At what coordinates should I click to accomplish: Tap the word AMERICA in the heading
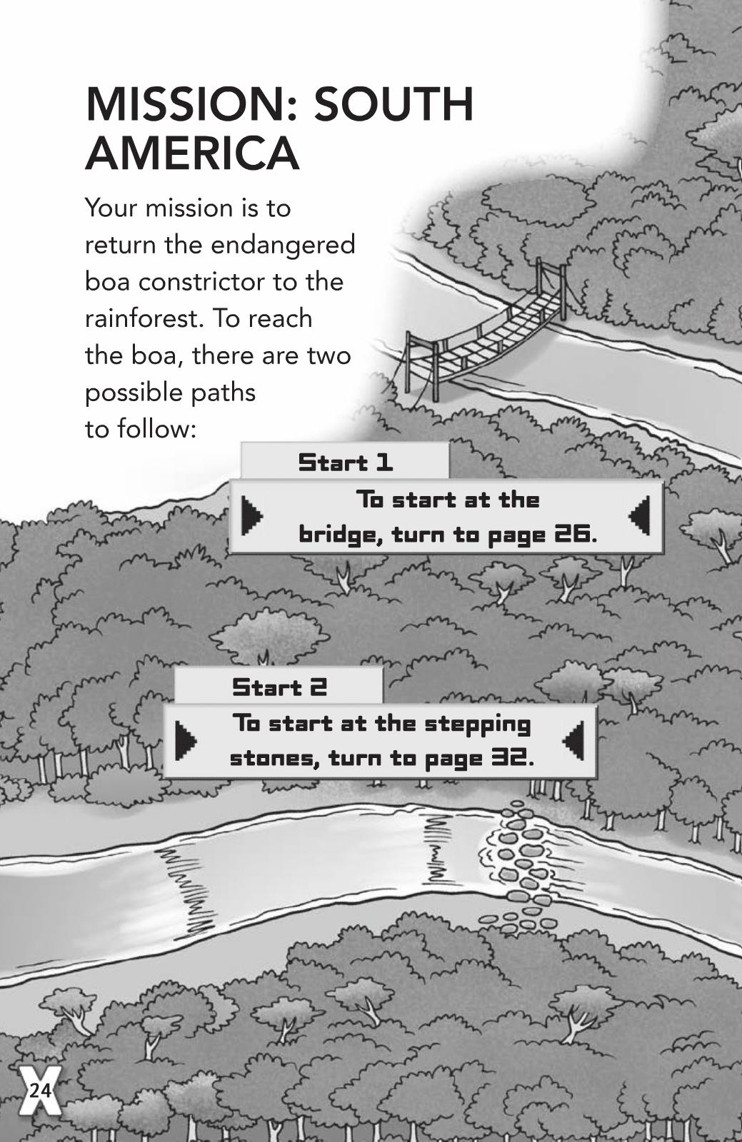(192, 153)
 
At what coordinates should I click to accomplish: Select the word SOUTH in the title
(393, 104)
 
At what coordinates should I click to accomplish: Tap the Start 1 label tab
(345, 462)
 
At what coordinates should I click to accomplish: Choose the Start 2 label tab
(279, 687)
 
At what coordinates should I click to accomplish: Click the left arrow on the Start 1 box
(252, 516)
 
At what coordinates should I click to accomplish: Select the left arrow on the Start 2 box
(186, 741)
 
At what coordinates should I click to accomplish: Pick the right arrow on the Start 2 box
(573, 741)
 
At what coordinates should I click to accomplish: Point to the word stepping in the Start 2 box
(478, 725)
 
